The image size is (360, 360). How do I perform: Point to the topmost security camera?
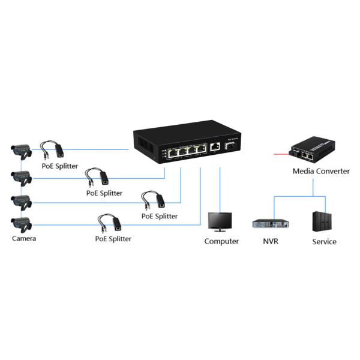tap(21, 151)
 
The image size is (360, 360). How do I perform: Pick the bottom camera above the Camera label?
tap(21, 224)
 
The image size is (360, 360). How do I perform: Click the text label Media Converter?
tap(321, 171)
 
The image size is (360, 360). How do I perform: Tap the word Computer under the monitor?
tap(221, 241)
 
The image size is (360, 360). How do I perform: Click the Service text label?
tap(324, 242)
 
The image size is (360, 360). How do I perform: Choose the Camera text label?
tap(24, 238)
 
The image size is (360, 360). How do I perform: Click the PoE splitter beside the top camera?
tap(53, 148)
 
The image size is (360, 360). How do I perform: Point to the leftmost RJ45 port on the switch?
tap(172, 152)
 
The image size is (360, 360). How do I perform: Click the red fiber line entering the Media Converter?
tap(281, 154)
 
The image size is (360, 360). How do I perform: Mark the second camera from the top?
tap(21, 176)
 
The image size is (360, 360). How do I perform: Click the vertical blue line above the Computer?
tap(221, 189)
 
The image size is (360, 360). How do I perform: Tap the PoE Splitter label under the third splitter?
tap(160, 216)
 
